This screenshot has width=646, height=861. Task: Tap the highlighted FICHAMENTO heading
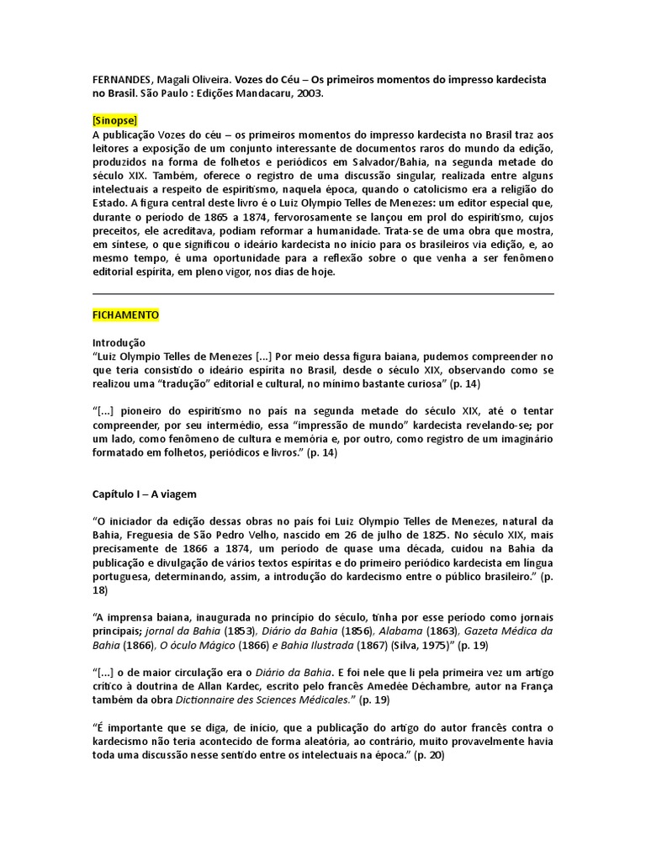tap(125, 315)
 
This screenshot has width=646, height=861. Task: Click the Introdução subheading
tap(119, 343)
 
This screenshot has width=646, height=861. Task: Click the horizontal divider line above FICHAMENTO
tap(323, 294)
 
